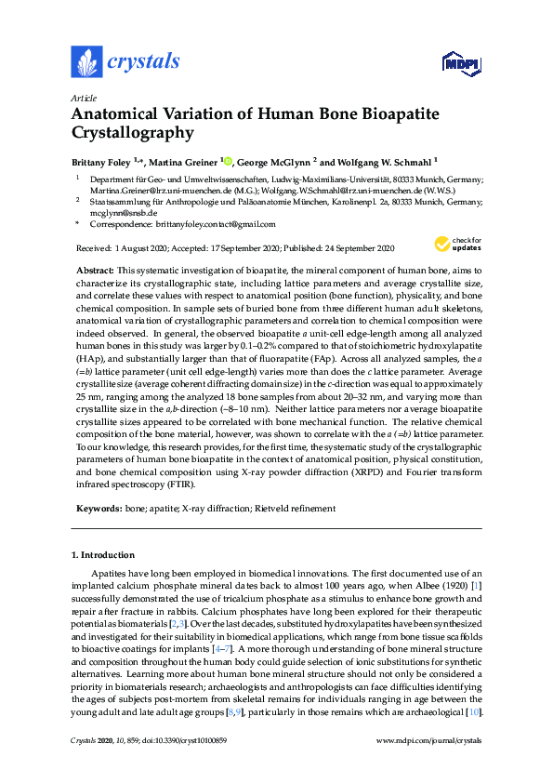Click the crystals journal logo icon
86,62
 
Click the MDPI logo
459,63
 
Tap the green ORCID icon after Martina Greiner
228,160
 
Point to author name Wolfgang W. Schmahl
381,161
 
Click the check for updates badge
454,245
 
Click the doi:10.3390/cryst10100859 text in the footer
180,766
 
